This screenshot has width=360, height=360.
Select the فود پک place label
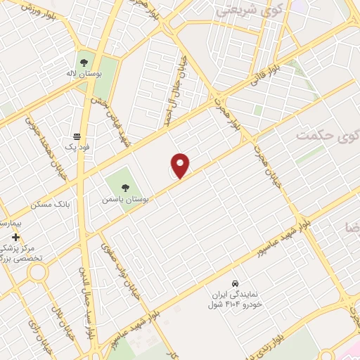79,148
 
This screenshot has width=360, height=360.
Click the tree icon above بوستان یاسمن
125,187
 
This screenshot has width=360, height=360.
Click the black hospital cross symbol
15,238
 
